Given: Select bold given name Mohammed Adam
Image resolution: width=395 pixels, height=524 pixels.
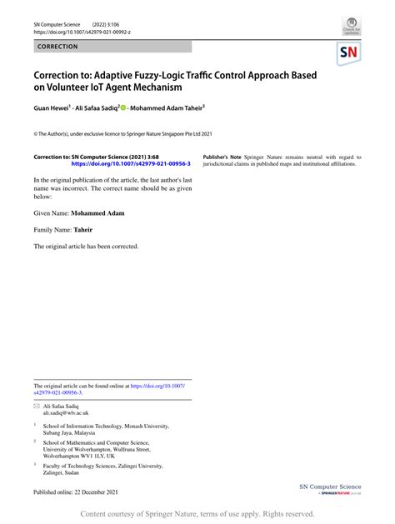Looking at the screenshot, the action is (97, 213).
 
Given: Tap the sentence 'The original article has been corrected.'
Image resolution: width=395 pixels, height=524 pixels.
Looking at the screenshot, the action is (86, 247).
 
